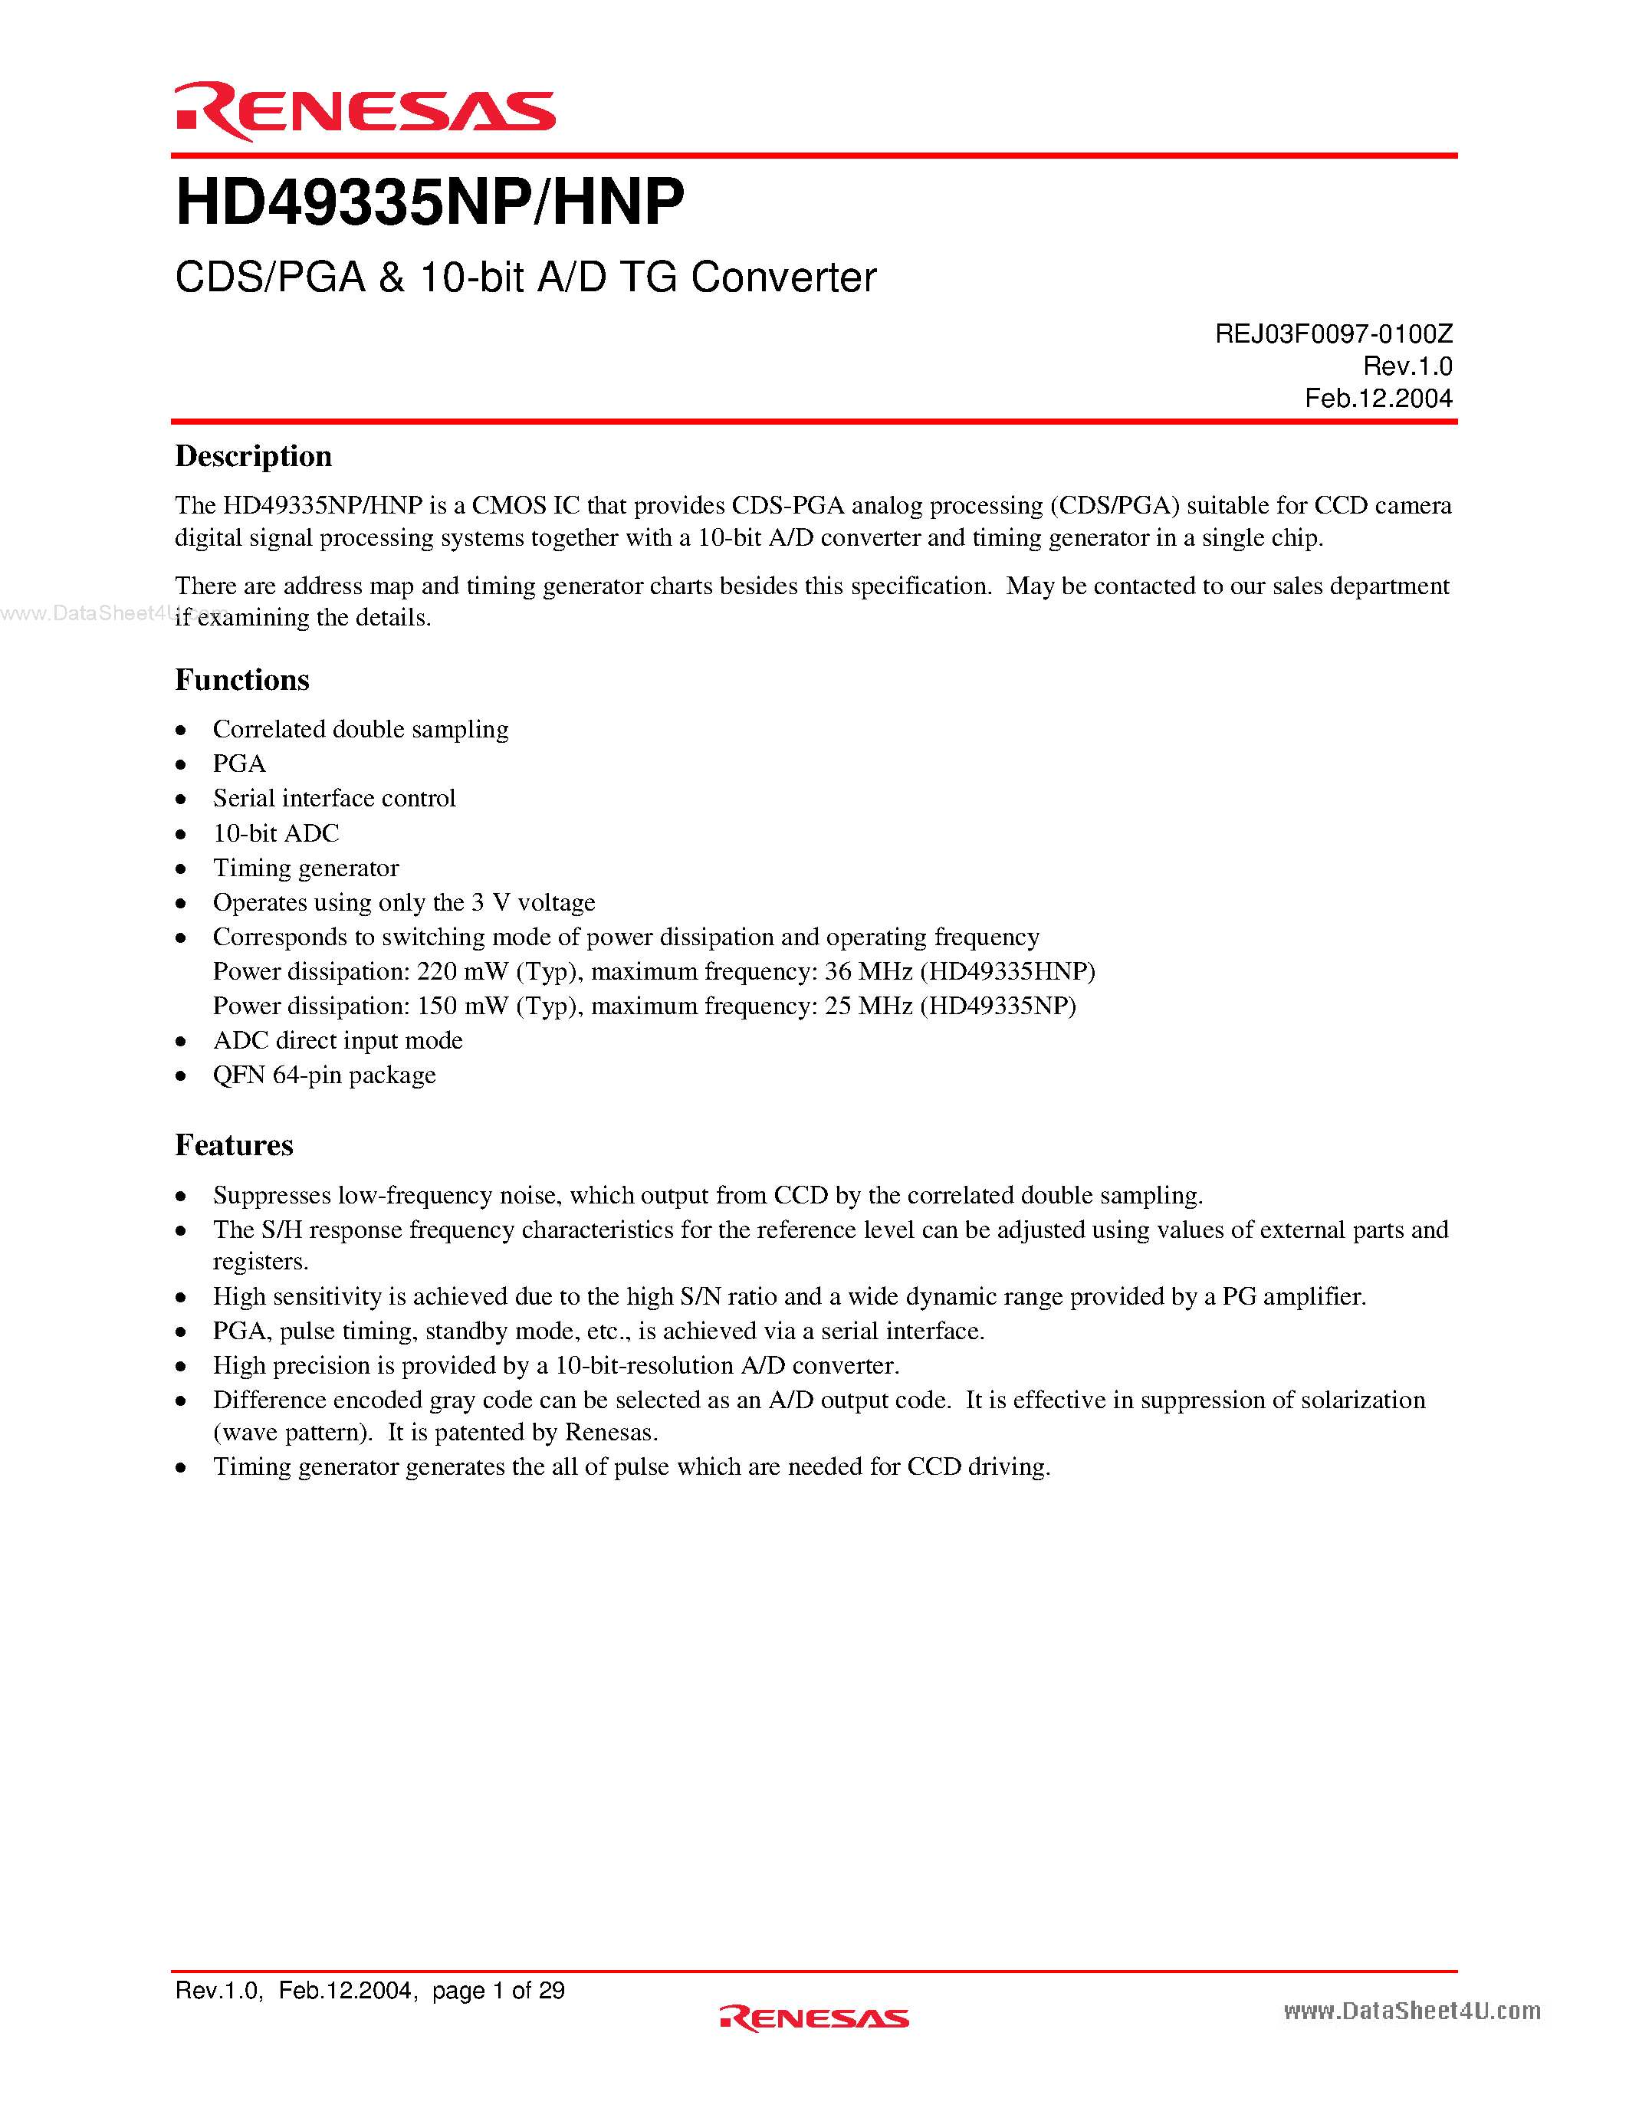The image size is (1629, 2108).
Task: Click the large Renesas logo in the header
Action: pyautogui.click(x=365, y=111)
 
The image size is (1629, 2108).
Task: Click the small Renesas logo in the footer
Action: pyautogui.click(x=813, y=2018)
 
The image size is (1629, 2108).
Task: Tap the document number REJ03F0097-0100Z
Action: pyautogui.click(x=1333, y=334)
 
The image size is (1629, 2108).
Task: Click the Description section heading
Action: pyautogui.click(x=253, y=455)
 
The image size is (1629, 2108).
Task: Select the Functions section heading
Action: pyautogui.click(x=241, y=679)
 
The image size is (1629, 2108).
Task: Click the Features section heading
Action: pyautogui.click(x=234, y=1144)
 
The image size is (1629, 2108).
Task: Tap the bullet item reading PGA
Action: pyautogui.click(x=238, y=763)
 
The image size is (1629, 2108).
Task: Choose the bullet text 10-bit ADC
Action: pyautogui.click(x=276, y=833)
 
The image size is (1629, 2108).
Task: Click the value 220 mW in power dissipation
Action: pyautogui.click(x=461, y=971)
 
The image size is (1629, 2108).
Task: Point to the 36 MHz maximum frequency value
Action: pyautogui.click(x=868, y=971)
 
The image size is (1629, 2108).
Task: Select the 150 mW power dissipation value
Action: pyautogui.click(x=461, y=1006)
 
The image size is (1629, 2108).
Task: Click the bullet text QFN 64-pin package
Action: pyautogui.click(x=324, y=1075)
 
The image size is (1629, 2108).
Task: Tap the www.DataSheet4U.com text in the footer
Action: pyautogui.click(x=1411, y=2011)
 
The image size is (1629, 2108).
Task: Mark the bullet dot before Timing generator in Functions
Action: pyautogui.click(x=180, y=868)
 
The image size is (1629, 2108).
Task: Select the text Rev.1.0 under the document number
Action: pyautogui.click(x=1407, y=366)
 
